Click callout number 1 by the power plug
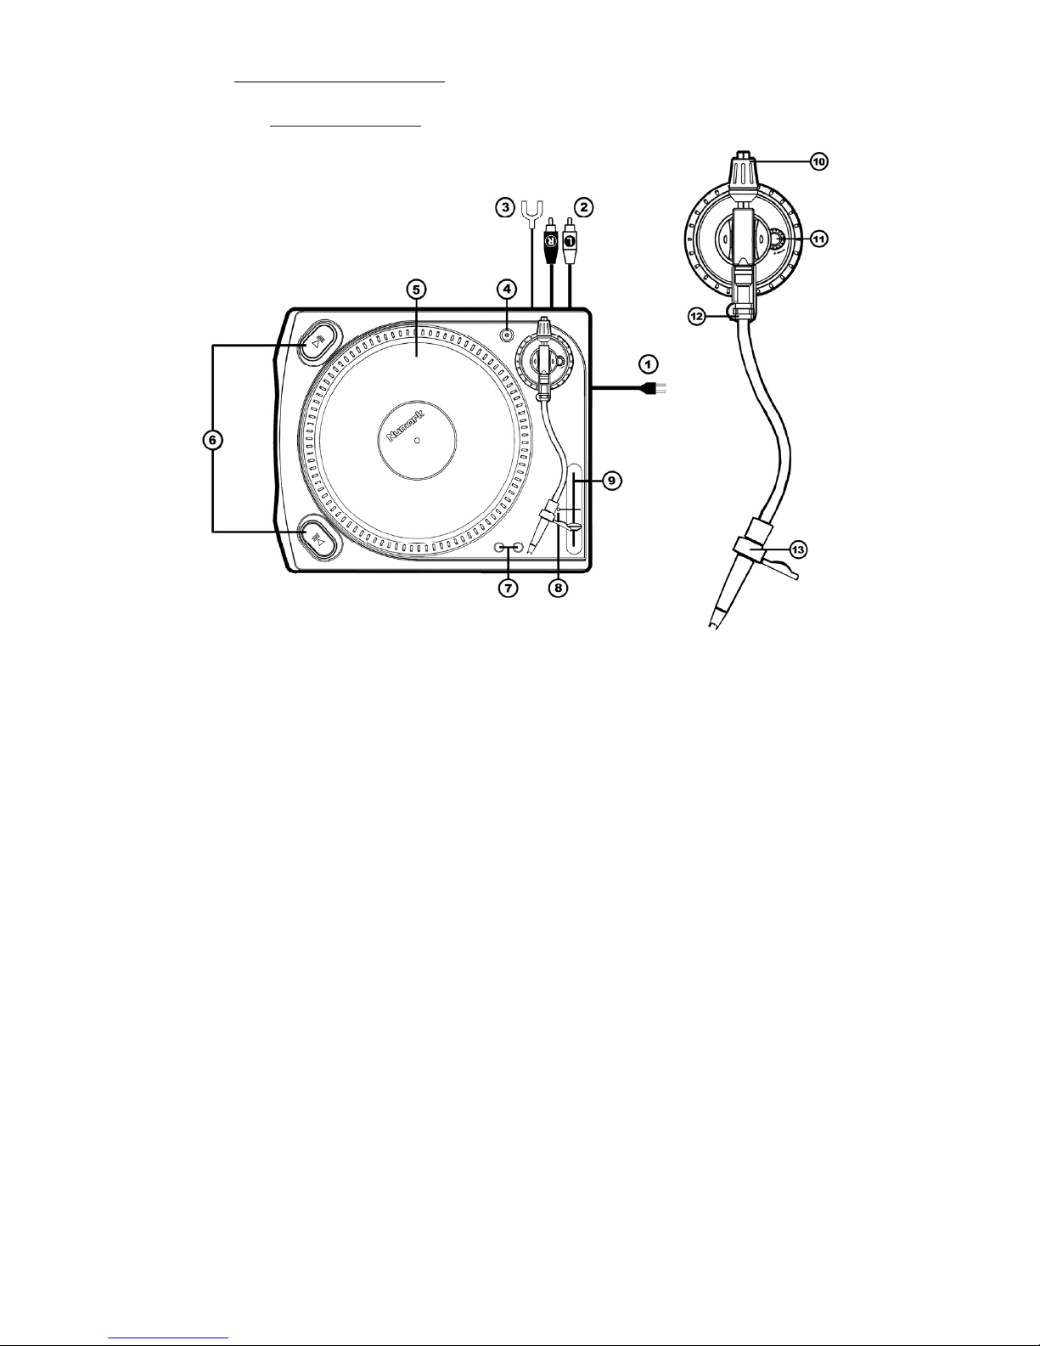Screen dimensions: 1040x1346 coord(648,363)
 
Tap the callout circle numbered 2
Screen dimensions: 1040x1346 coord(584,207)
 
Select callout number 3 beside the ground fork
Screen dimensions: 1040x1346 coord(505,207)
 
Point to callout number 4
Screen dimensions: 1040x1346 coord(506,288)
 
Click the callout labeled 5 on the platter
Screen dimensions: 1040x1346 coord(416,289)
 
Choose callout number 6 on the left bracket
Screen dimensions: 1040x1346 coord(212,440)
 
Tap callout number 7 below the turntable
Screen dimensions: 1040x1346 coord(509,587)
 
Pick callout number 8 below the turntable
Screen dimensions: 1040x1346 coord(559,587)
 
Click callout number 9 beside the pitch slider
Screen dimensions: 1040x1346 coord(611,480)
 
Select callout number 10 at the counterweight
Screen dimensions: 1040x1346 coord(819,161)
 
